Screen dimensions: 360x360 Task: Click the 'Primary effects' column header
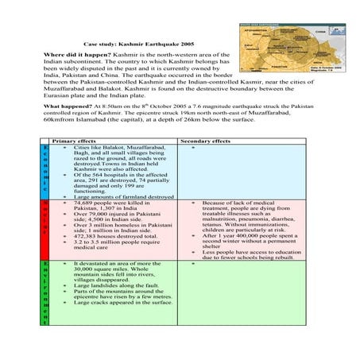tap(74, 141)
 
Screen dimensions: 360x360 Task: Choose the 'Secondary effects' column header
tap(205, 141)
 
